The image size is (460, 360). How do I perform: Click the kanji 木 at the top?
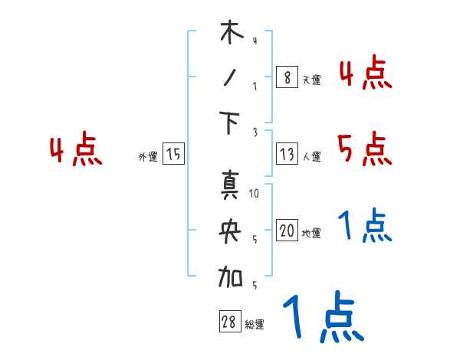pyautogui.click(x=231, y=34)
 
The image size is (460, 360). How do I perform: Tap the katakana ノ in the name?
pyautogui.click(x=230, y=79)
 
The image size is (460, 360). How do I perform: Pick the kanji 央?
pyautogui.click(x=231, y=231)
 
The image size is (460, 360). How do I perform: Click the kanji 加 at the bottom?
pyautogui.click(x=231, y=276)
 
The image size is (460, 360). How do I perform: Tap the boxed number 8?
pyautogui.click(x=286, y=77)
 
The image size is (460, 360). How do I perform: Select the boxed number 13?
pyautogui.click(x=286, y=155)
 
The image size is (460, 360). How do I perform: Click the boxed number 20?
pyautogui.click(x=286, y=231)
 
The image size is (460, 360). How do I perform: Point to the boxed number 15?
pyautogui.click(x=173, y=155)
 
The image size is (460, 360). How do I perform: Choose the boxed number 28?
pyautogui.click(x=228, y=322)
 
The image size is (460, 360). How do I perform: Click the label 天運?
pyautogui.click(x=311, y=80)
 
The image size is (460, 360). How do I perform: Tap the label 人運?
pyautogui.click(x=311, y=157)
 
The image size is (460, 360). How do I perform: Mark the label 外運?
pyautogui.click(x=148, y=157)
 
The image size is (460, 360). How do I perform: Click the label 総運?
pyautogui.click(x=255, y=325)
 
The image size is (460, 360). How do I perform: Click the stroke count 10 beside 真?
pyautogui.click(x=255, y=195)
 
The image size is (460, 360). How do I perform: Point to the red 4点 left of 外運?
pyautogui.click(x=76, y=150)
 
